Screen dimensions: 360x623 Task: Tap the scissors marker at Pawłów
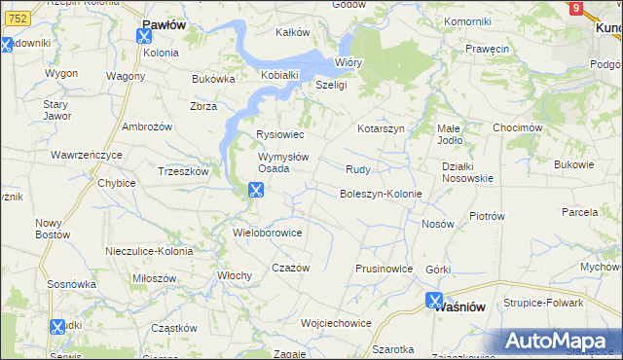145,37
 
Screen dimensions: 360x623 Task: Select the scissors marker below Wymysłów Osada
256,191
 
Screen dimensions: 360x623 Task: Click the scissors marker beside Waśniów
434,302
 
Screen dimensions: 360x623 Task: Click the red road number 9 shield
576,8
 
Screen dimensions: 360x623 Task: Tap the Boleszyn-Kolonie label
381,194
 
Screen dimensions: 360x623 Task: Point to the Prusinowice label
385,269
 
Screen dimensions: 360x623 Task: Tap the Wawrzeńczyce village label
87,155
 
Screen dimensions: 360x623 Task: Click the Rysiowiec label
280,134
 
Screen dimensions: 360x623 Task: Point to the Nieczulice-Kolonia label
149,251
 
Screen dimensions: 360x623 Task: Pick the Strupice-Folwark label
543,303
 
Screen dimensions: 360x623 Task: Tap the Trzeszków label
184,171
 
